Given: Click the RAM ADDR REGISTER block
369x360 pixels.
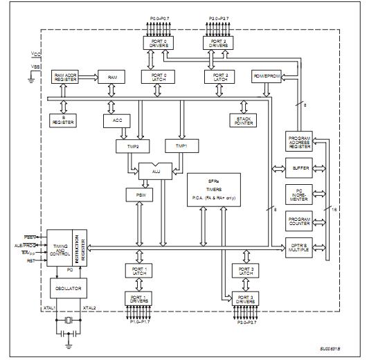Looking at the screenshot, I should click(66, 77).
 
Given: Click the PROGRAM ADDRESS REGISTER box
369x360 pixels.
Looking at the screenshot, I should click(299, 142).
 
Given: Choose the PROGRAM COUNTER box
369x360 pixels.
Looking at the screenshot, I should click(299, 222).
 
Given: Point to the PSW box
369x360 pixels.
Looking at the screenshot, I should click(134, 195).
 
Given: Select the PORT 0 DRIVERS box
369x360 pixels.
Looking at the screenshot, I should click(154, 42).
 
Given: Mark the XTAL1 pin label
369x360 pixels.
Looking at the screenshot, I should click(49, 307).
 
